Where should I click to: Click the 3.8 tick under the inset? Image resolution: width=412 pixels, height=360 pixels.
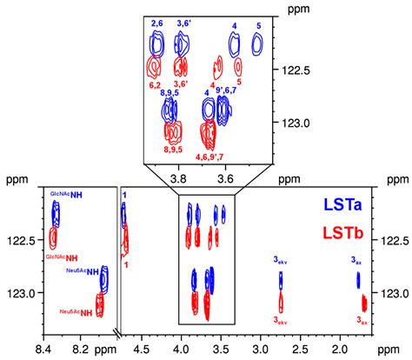click(x=179, y=179)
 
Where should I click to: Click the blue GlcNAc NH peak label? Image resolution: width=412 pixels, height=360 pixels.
click(x=67, y=195)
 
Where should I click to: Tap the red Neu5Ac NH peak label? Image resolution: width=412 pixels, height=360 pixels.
click(x=76, y=313)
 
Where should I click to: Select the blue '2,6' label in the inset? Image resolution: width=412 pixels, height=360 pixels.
click(x=157, y=22)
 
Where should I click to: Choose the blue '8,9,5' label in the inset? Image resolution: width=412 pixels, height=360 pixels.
click(x=169, y=91)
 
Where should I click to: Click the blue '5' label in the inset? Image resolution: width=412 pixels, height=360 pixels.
click(x=258, y=26)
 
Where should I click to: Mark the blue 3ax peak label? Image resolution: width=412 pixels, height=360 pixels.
click(x=357, y=261)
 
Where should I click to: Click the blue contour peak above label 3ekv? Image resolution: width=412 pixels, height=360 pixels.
click(x=281, y=279)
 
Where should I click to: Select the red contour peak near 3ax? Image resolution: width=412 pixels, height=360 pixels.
click(x=364, y=303)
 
